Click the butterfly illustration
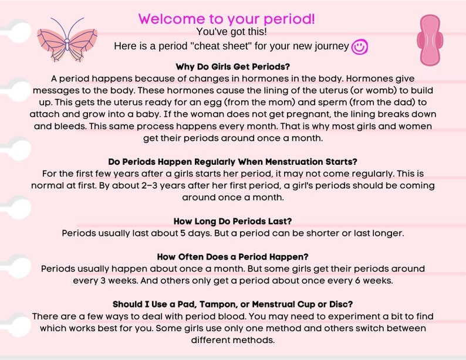pyautogui.click(x=67, y=39)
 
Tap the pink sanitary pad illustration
pyautogui.click(x=428, y=40)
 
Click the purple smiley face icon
pyautogui.click(x=359, y=47)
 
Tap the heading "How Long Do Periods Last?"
pyautogui.click(x=233, y=221)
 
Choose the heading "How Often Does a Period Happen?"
pyautogui.click(x=233, y=257)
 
